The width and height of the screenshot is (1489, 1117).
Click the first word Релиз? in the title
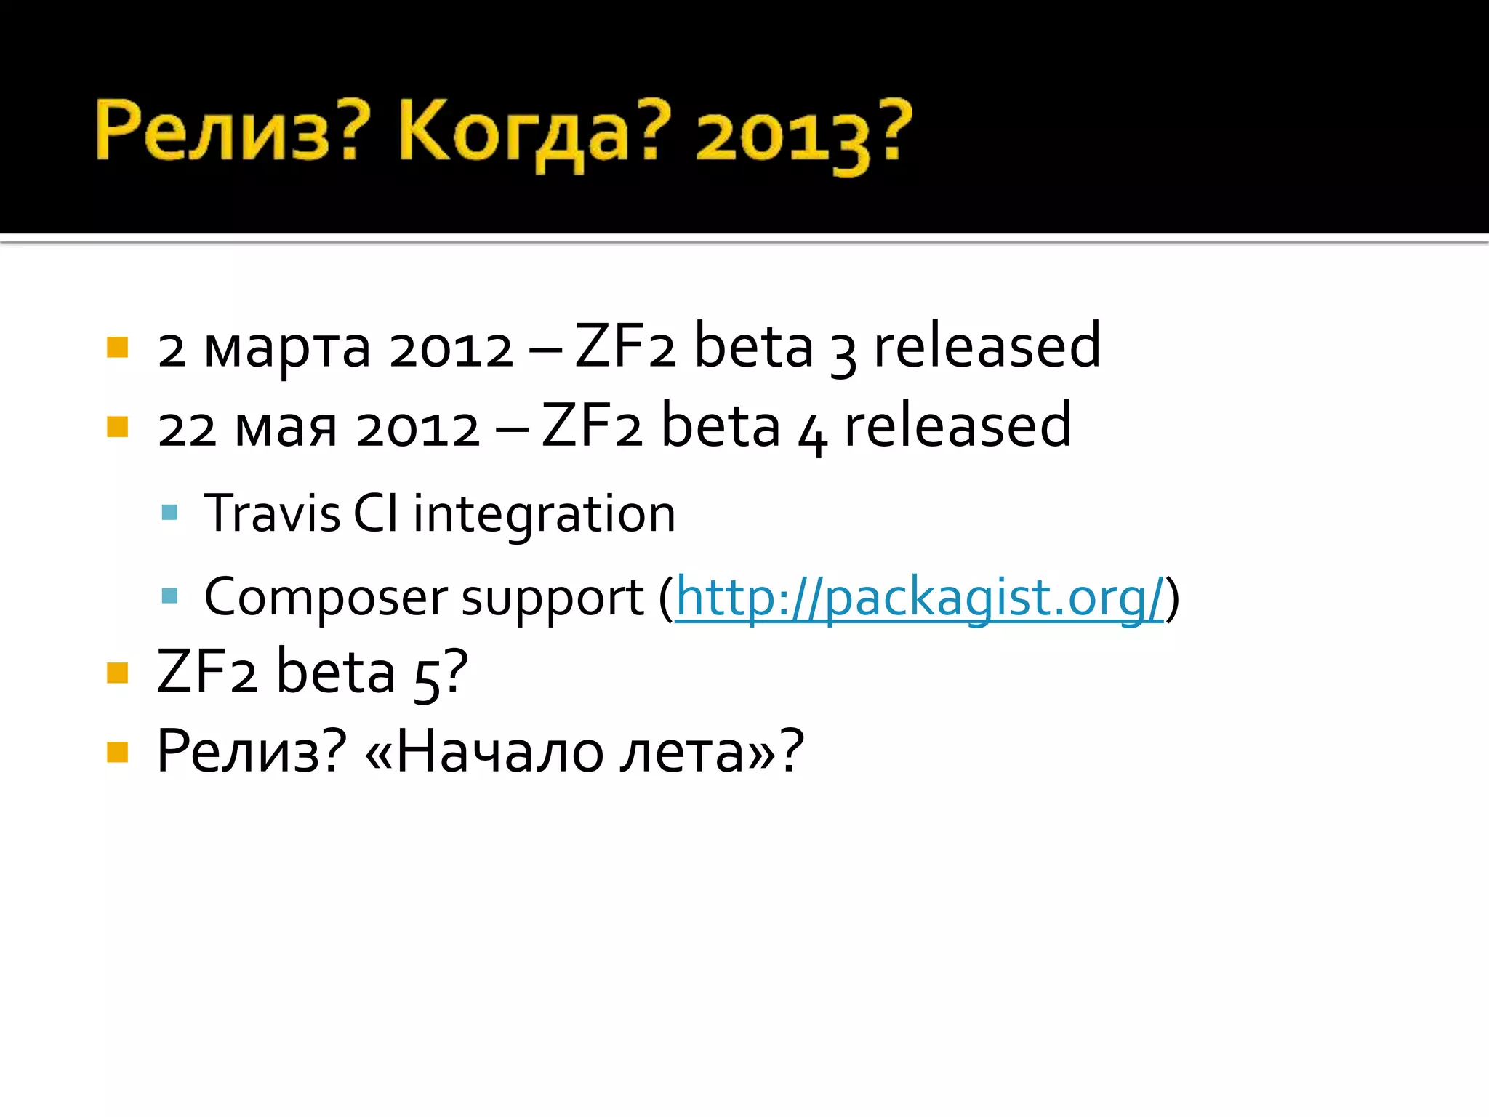227,131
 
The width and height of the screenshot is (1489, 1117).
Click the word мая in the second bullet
286,428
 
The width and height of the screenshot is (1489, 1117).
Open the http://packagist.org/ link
920,598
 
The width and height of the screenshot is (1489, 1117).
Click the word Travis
272,514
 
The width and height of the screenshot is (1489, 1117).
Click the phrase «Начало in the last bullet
483,752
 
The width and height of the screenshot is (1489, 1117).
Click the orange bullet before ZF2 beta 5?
117,673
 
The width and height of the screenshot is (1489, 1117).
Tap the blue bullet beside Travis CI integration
169,513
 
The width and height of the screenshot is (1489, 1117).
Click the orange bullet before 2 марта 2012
117,348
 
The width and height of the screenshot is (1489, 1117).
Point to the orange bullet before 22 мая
117,427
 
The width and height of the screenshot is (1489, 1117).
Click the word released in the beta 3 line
987,346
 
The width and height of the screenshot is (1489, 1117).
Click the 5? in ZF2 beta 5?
441,674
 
